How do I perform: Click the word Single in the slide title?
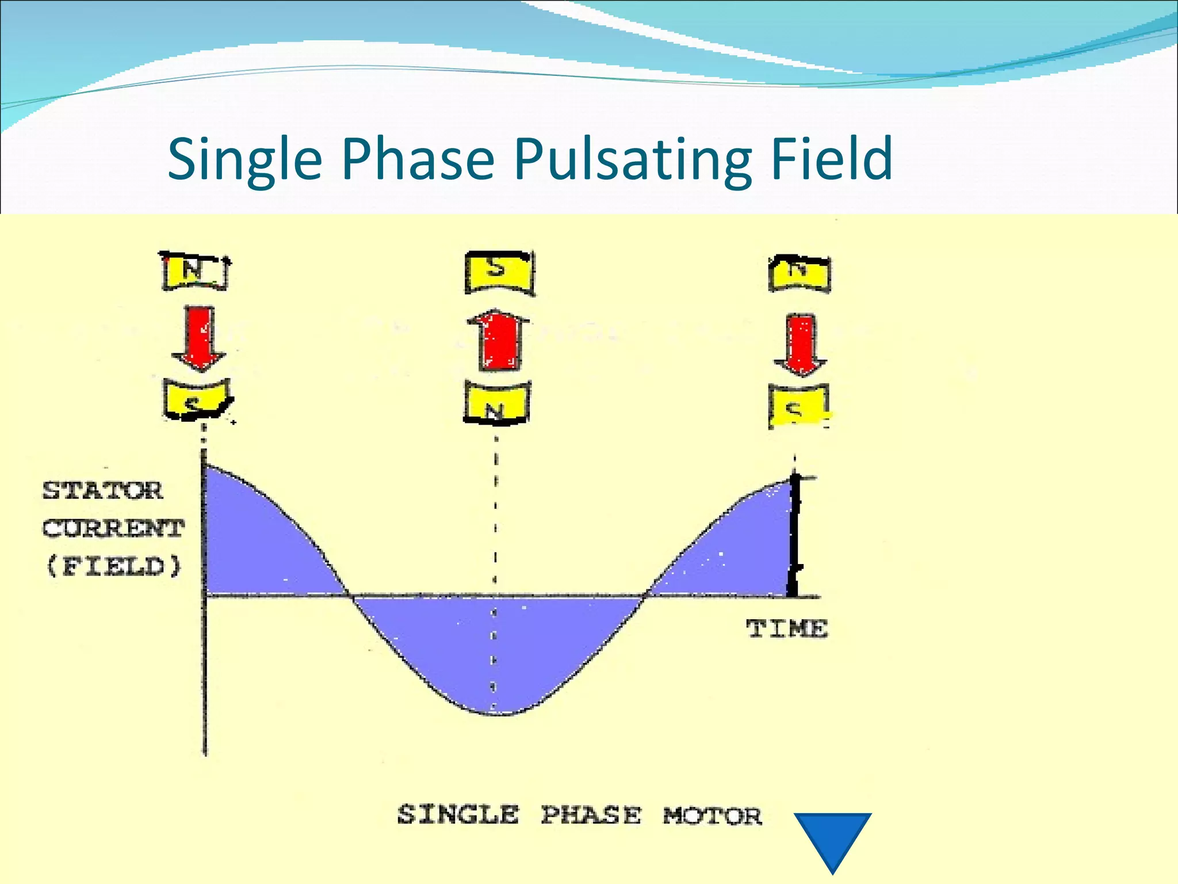click(244, 160)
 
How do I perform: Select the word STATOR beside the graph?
click(103, 491)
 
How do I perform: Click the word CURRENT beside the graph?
click(113, 528)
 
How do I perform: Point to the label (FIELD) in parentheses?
click(113, 566)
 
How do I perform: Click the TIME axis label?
click(787, 628)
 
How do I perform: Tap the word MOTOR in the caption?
click(712, 816)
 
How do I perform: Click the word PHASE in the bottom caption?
click(591, 816)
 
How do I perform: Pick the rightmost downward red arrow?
click(800, 345)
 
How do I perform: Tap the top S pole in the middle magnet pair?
click(499, 272)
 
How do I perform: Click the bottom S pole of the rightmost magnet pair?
click(798, 406)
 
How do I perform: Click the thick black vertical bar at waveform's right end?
click(794, 535)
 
